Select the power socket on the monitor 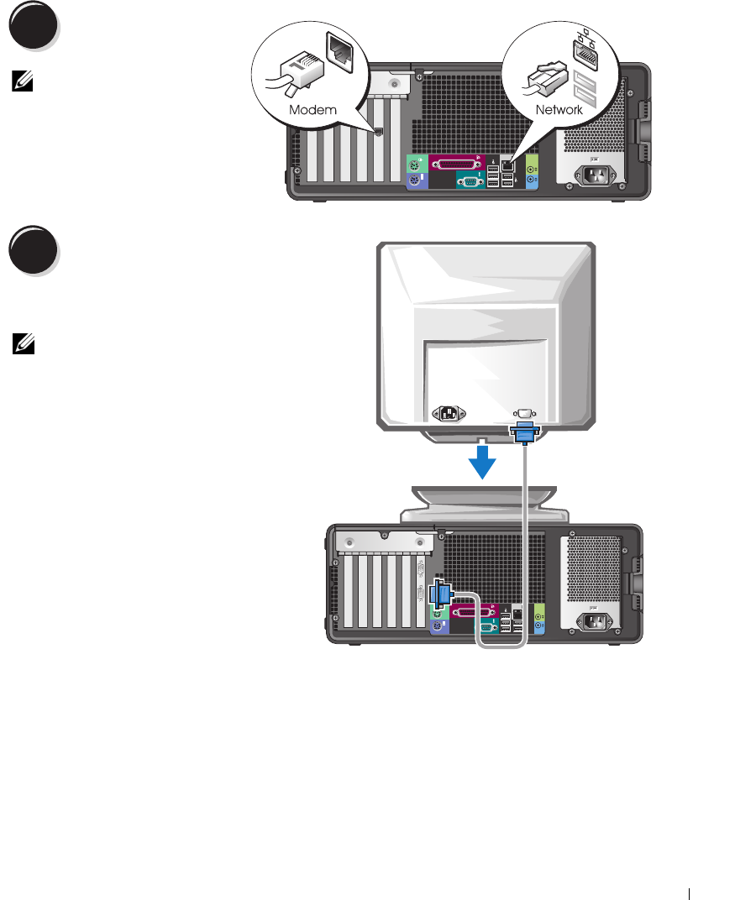pos(448,414)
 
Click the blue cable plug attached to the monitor pos(524,432)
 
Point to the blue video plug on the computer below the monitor pos(439,594)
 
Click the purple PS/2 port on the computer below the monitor pos(437,626)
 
